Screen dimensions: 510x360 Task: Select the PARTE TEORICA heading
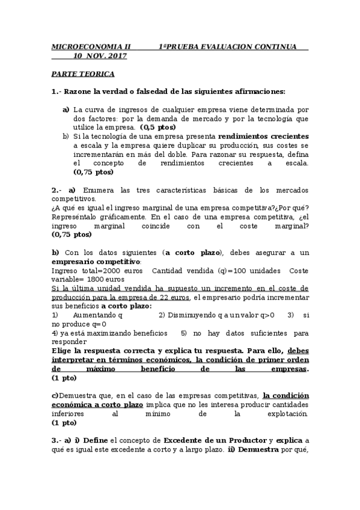pos(82,74)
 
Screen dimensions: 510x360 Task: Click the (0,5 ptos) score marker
pos(158,127)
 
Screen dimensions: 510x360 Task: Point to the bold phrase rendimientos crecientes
pos(263,137)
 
